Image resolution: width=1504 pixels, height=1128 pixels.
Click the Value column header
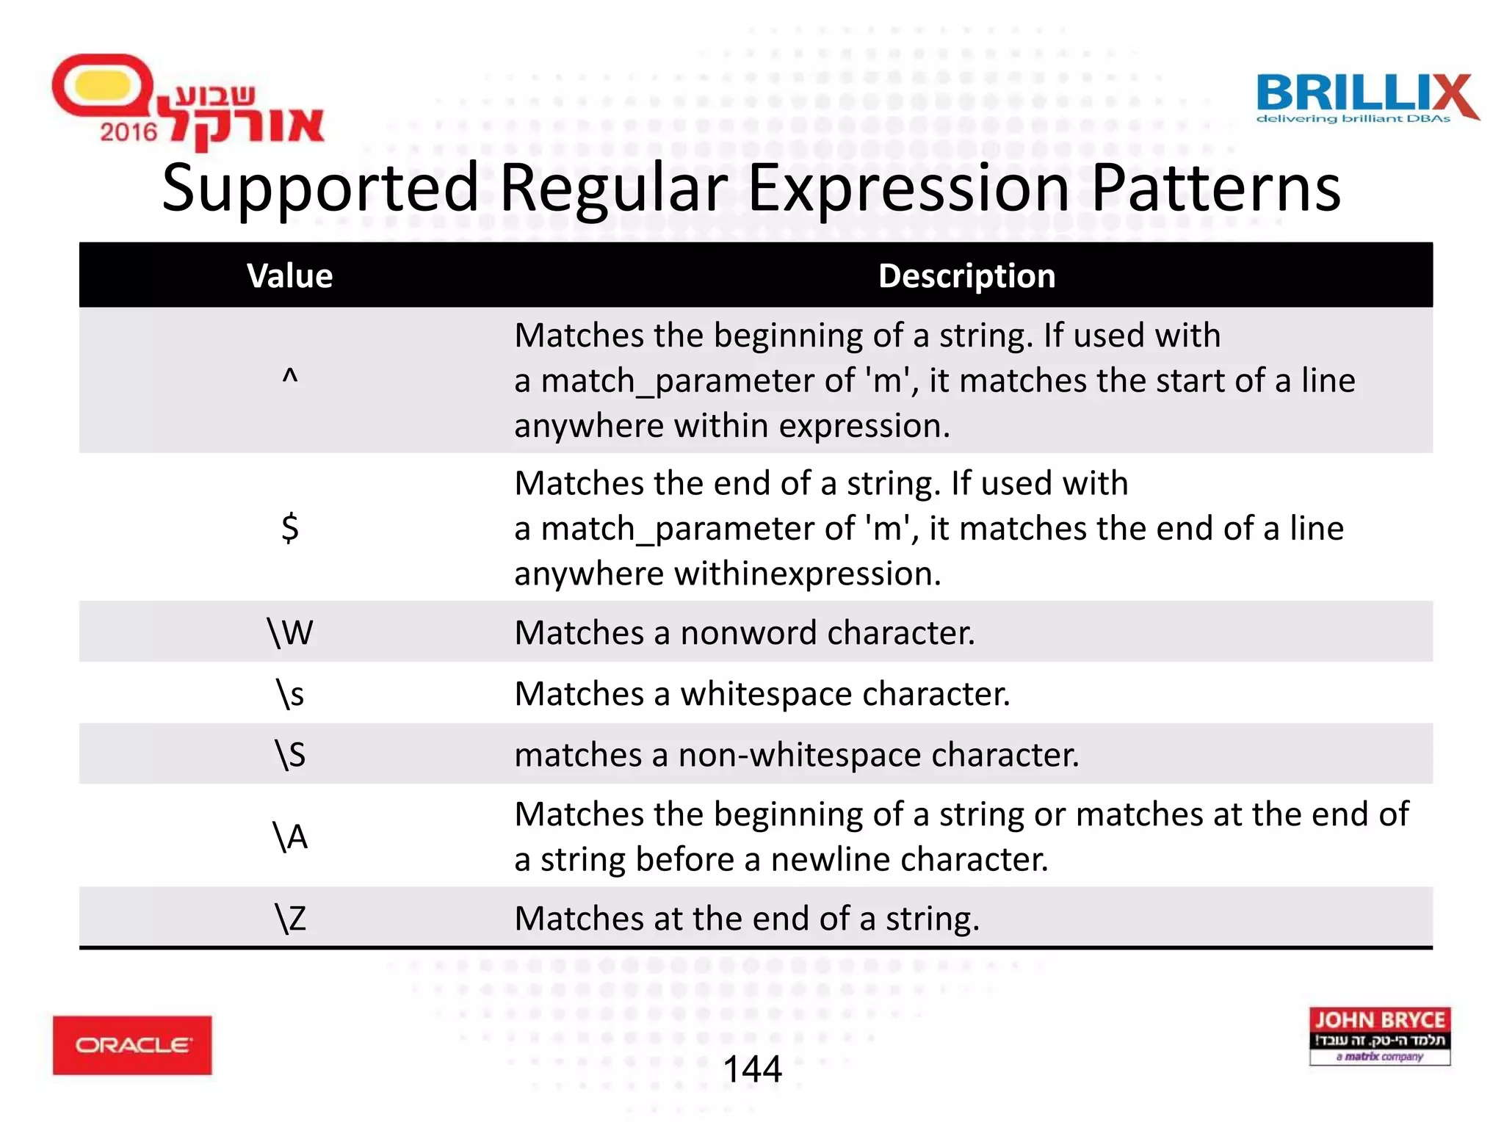289,276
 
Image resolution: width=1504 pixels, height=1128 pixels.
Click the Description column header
966,276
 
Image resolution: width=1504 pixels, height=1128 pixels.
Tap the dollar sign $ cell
290,527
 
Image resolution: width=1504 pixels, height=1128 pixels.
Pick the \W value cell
290,632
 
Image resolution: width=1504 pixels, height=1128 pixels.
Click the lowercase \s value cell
290,694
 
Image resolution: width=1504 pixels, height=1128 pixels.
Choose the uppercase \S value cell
290,755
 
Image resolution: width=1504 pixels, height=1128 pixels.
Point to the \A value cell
290,836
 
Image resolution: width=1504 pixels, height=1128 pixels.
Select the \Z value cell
290,919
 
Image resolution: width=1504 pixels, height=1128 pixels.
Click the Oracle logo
132,1045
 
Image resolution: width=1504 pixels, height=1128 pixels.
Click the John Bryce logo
1380,1036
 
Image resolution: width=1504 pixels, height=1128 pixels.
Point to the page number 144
752,1069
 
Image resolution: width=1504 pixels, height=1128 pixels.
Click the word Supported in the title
320,189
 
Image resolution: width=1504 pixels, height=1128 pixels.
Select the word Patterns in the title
1216,189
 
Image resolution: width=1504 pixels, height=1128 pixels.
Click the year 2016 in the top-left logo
129,132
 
